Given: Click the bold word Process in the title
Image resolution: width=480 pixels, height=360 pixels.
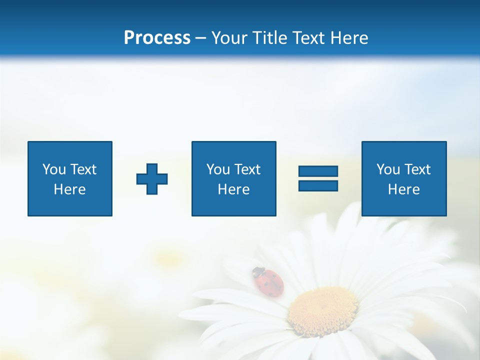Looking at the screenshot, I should (x=157, y=38).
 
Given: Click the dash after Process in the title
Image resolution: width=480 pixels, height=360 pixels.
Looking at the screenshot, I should (x=201, y=38).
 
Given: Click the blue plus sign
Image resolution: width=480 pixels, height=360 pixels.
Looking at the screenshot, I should (x=152, y=179).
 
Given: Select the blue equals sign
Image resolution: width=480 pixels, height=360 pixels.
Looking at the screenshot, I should (x=318, y=178).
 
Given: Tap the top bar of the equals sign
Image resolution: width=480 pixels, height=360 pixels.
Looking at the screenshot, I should (x=318, y=171).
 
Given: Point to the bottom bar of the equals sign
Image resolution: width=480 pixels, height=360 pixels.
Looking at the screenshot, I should (x=318, y=185).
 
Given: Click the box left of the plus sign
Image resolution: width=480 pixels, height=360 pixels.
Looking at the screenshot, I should (x=70, y=178).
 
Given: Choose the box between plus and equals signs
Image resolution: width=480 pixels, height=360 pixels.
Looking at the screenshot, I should (x=234, y=178).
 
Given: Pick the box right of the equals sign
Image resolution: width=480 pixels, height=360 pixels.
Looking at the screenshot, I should (x=404, y=178).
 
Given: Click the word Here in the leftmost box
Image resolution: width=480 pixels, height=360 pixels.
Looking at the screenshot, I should (x=70, y=189).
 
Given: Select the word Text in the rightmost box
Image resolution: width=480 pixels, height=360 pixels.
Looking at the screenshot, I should (x=417, y=169).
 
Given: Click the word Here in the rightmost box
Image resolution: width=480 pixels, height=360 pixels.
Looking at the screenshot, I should (x=404, y=189).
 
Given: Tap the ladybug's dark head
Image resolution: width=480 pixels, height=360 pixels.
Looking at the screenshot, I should (x=257, y=272).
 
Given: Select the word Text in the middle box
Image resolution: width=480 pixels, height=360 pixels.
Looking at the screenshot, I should (x=247, y=169).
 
